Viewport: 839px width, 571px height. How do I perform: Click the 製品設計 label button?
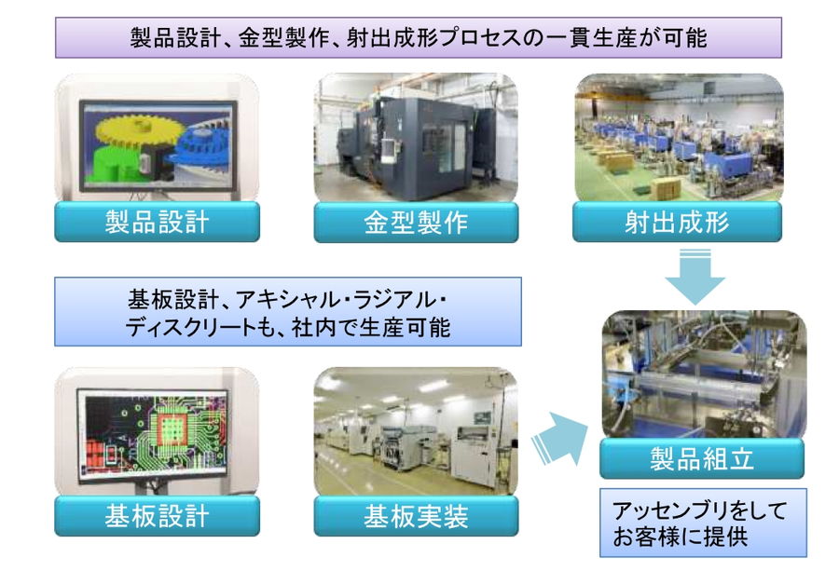[x=157, y=222]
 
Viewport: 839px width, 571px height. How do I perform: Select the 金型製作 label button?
[x=416, y=223]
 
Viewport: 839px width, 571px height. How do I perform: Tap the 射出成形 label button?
[x=677, y=222]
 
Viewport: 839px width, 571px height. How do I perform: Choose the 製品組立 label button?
[x=701, y=458]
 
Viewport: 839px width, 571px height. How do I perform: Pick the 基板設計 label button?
[x=157, y=516]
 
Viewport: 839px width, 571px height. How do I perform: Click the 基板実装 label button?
[x=416, y=516]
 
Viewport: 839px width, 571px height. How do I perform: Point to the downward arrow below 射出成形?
[x=695, y=277]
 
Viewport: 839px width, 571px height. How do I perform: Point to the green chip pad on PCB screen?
[x=172, y=428]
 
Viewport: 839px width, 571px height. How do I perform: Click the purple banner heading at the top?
[x=418, y=37]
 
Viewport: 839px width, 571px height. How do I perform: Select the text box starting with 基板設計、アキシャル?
[x=288, y=312]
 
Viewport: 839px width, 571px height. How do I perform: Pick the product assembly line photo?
[x=704, y=374]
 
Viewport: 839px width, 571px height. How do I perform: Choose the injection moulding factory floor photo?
[x=679, y=138]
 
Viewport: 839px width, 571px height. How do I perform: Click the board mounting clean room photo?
[x=416, y=431]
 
